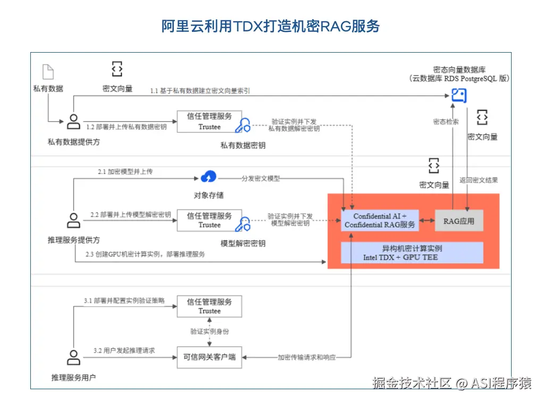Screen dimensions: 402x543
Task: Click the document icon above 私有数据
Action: [x=48, y=71]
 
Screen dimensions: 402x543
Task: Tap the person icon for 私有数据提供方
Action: [x=73, y=122]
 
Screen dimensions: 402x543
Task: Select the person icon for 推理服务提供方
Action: [x=73, y=220]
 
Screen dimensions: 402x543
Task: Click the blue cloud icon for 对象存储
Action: [x=208, y=177]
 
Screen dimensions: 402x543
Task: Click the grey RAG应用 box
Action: [x=459, y=220]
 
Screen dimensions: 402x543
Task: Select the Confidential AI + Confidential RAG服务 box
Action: [x=380, y=220]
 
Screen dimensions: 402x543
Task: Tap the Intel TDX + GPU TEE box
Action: [x=412, y=253]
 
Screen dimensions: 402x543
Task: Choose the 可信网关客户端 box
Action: [x=209, y=357]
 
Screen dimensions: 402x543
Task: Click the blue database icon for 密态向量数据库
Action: [x=458, y=96]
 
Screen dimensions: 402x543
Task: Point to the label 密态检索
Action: [x=446, y=122]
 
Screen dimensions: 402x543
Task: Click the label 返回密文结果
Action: [x=479, y=180]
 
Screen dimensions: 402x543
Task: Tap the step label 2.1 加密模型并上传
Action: [x=125, y=172]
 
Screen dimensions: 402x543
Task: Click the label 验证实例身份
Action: [x=210, y=331]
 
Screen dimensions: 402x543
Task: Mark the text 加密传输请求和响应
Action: [x=307, y=357]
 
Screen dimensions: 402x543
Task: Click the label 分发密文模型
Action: [x=261, y=178]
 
